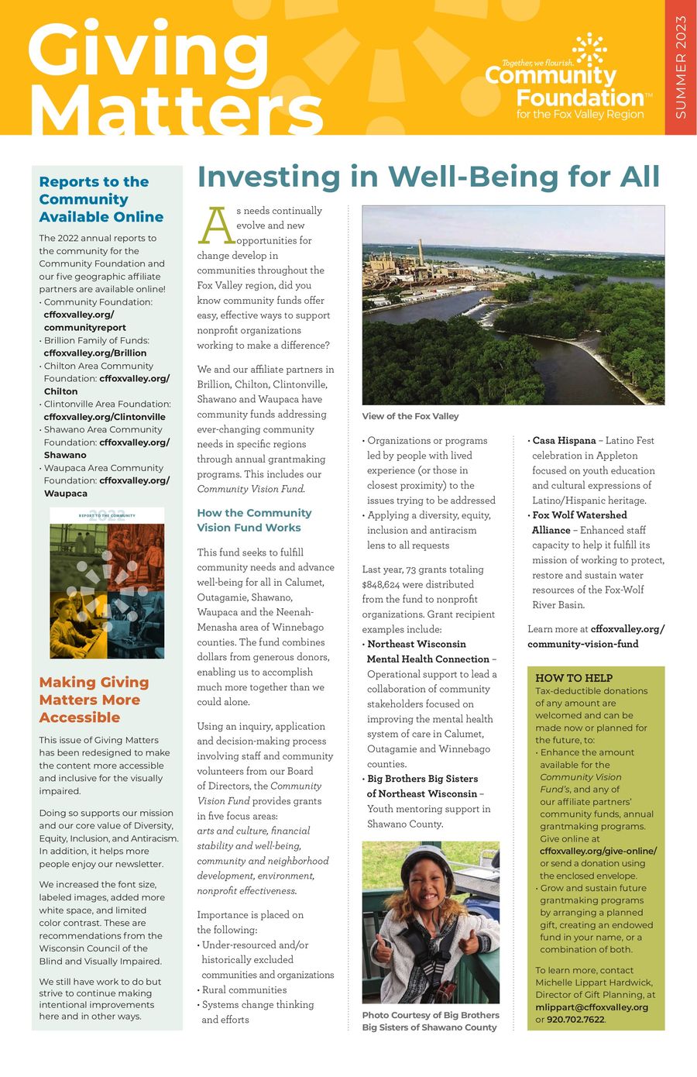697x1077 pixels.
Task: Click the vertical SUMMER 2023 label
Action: (x=681, y=67)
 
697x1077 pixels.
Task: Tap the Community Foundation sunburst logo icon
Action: (x=590, y=49)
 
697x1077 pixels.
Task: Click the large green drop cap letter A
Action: (x=215, y=226)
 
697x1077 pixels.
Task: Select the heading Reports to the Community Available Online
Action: (x=101, y=199)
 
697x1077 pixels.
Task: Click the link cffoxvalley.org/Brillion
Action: (x=95, y=353)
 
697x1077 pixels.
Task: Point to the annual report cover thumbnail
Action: (x=107, y=583)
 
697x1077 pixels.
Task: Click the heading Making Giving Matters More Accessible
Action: (x=94, y=700)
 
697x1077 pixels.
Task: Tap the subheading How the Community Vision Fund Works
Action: (x=254, y=520)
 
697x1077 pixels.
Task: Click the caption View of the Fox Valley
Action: (x=410, y=416)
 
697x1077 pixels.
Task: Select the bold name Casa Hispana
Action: (x=564, y=440)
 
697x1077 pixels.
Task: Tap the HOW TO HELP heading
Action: (x=574, y=677)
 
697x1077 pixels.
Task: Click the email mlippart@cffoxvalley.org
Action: (x=592, y=1007)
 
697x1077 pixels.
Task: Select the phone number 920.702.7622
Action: (x=575, y=1020)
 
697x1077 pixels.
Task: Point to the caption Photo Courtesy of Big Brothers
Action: (x=431, y=1015)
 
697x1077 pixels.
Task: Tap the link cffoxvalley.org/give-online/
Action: (x=598, y=851)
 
